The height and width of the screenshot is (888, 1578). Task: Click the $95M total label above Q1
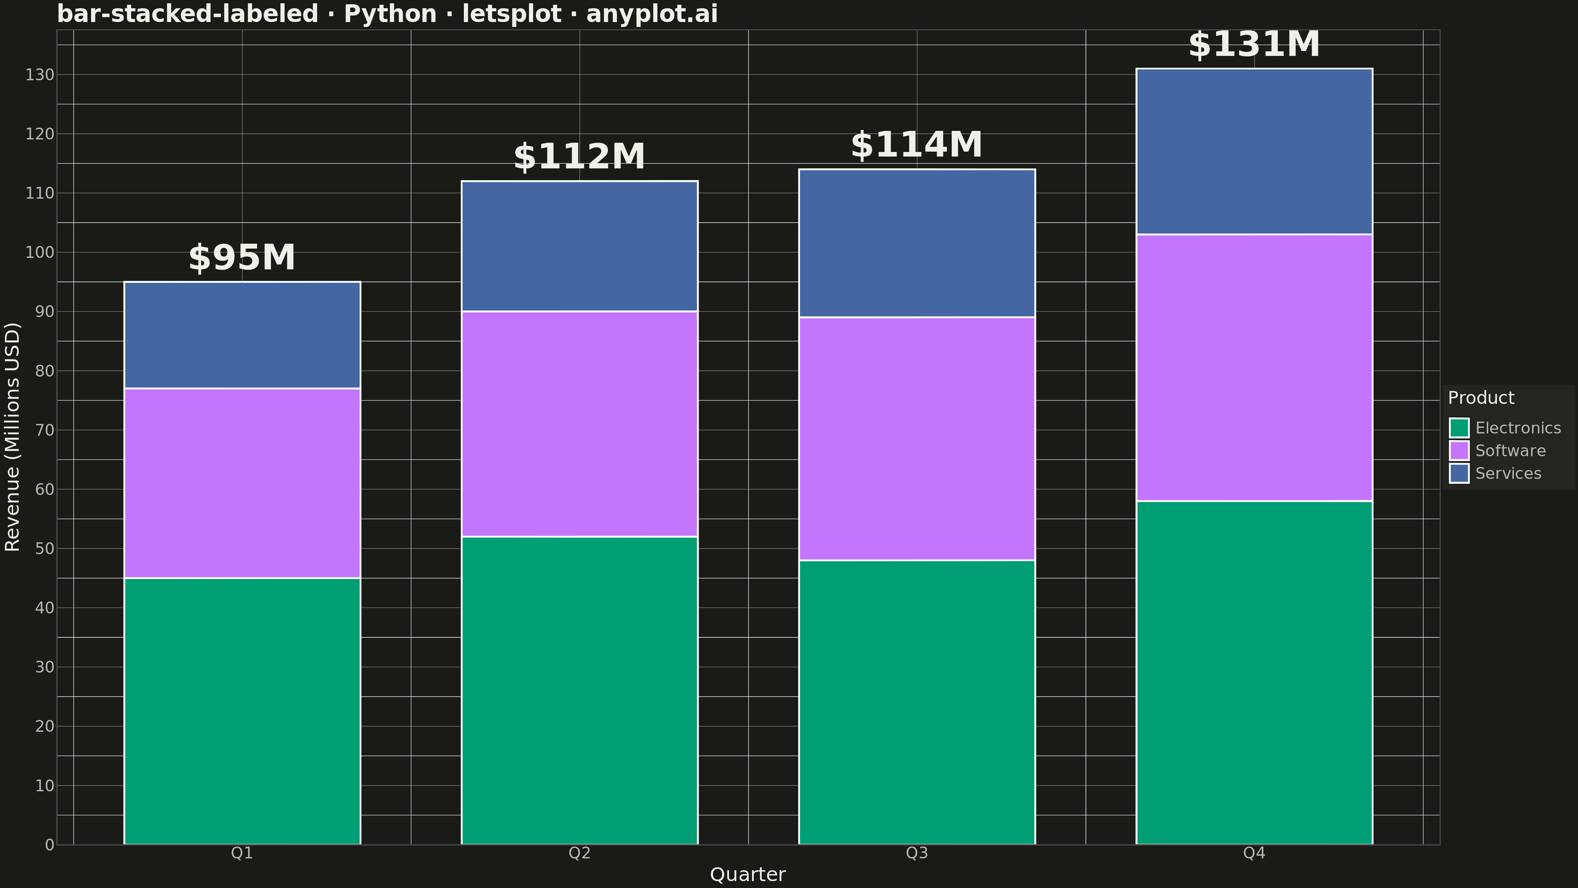coord(242,258)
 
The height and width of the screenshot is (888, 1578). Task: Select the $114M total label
coord(917,145)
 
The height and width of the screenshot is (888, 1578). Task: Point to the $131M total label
coord(1254,45)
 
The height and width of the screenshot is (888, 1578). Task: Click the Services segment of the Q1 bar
coord(242,335)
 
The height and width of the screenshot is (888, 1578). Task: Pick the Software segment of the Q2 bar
coord(580,424)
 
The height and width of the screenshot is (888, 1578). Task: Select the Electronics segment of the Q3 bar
coord(917,702)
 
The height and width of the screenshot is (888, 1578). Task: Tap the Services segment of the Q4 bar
coord(1254,151)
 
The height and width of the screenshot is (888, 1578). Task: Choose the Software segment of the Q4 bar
coord(1254,368)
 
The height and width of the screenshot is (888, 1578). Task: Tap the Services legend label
coord(1508,474)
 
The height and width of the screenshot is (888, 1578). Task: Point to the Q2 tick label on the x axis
coord(580,853)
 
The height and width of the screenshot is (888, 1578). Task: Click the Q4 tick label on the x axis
coord(1254,853)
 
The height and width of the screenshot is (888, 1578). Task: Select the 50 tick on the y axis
coord(45,549)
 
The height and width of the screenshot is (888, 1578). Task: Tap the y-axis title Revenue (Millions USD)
coord(12,437)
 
